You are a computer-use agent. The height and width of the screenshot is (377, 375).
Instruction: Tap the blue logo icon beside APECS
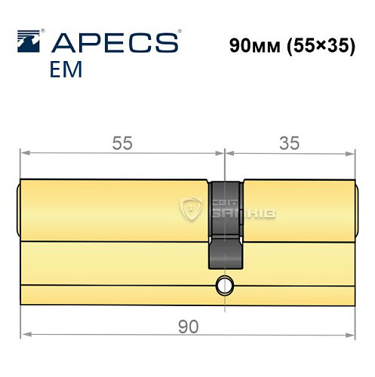tap(28, 40)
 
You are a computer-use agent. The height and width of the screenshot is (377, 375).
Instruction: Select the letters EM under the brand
tap(68, 70)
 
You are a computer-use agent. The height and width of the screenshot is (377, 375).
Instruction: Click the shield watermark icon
tap(193, 209)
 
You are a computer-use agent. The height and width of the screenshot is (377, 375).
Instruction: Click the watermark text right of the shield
tap(240, 209)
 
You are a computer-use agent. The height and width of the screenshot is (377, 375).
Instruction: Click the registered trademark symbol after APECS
tap(178, 32)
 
